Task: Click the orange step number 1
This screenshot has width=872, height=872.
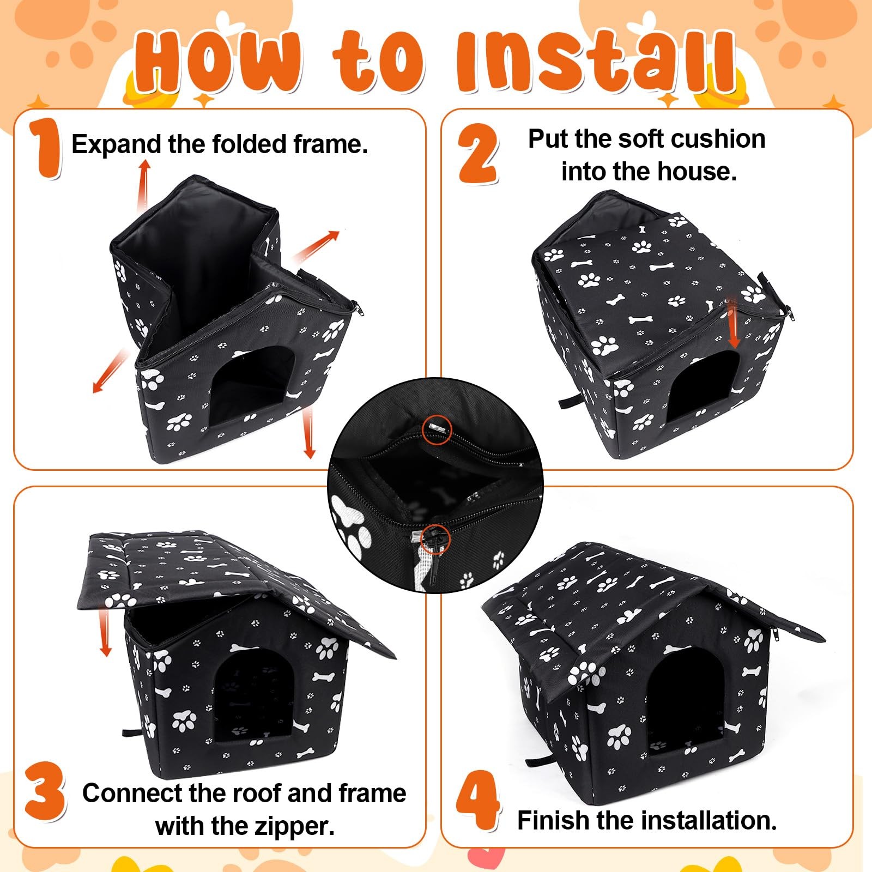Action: point(46,148)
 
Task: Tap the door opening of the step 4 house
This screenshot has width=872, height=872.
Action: point(686,700)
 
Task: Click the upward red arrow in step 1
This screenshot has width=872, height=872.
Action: point(144,185)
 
